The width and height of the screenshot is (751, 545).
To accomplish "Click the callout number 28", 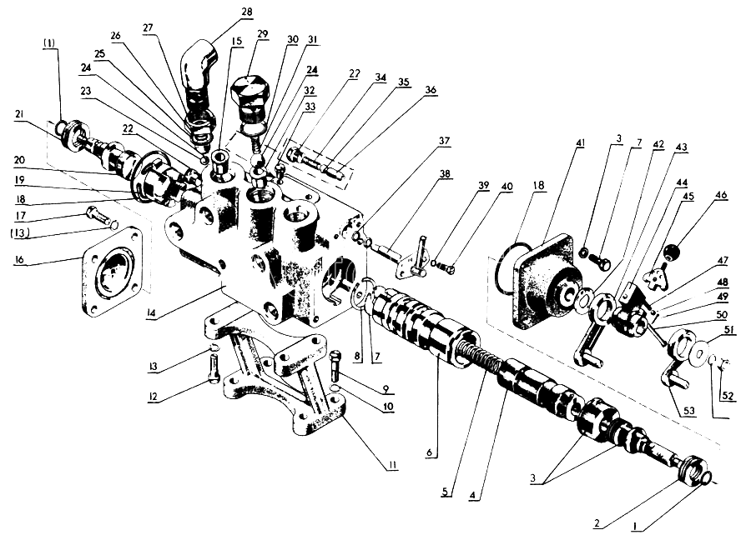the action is coord(247,11).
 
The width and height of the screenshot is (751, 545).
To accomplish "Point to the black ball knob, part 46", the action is coord(671,251).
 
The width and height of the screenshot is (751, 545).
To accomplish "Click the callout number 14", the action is coord(151,313).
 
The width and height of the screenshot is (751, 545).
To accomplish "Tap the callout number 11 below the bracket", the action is coord(393,464).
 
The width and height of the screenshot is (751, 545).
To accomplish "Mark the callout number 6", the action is coord(430,452).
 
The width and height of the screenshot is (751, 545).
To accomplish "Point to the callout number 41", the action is coord(581,142).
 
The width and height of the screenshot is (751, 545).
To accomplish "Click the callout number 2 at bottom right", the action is coord(597,523).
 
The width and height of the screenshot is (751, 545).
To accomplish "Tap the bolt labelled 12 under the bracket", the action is coord(214,367).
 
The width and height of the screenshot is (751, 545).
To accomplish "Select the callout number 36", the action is coord(431,90).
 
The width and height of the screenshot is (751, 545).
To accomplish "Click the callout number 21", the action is coord(20,114).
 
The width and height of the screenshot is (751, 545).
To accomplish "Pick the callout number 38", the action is coord(445,174).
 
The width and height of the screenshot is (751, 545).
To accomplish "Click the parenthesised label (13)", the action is coord(20,233).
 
